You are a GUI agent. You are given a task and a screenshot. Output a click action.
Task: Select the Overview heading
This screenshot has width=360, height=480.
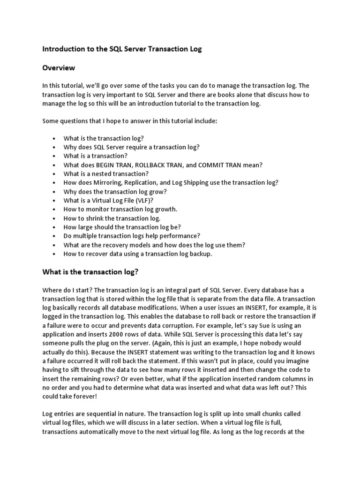(59, 68)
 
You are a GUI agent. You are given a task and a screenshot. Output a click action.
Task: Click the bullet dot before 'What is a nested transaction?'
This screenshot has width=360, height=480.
(54, 174)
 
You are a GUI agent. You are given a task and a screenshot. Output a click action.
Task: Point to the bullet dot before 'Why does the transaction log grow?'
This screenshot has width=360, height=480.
(54, 192)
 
